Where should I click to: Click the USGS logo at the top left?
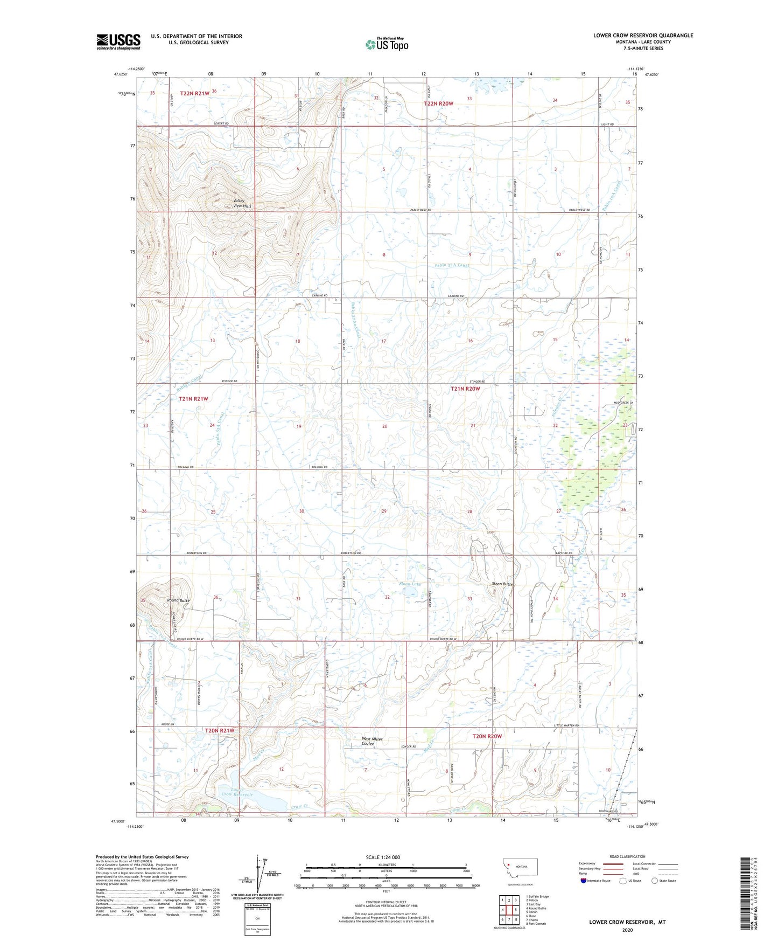click(x=118, y=41)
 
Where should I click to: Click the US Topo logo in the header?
click(x=386, y=44)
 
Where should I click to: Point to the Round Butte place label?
click(x=178, y=600)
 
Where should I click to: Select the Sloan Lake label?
click(x=410, y=584)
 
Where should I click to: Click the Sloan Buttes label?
click(x=503, y=584)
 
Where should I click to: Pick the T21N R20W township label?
click(x=465, y=388)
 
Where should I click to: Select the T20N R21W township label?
click(x=220, y=730)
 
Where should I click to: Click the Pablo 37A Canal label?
click(x=452, y=265)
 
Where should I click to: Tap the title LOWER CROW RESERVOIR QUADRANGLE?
click(x=643, y=36)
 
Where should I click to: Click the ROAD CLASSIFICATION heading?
click(x=627, y=856)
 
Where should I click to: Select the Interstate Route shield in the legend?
click(x=584, y=881)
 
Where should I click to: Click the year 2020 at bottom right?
click(x=627, y=930)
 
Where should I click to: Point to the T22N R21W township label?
click(x=194, y=93)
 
